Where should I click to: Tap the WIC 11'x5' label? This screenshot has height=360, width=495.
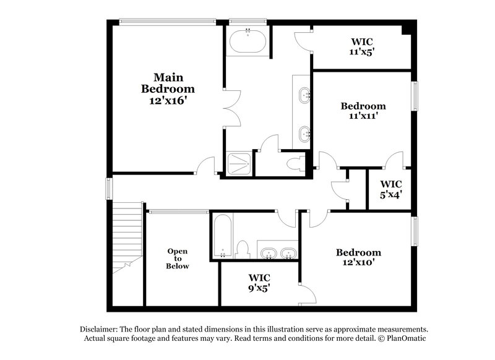(361, 48)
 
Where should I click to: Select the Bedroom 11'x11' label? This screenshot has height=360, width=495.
(363, 110)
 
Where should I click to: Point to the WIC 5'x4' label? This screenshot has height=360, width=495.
(390, 188)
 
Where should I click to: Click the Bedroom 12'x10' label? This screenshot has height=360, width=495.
(358, 257)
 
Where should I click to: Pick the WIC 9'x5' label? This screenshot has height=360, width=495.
(259, 283)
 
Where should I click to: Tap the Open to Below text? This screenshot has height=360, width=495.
(177, 259)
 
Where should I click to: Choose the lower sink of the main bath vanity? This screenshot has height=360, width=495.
(304, 132)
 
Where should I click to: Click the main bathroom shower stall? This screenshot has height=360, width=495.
(238, 164)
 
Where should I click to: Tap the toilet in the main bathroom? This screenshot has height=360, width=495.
(296, 164)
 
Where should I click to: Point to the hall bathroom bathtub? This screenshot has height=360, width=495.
(222, 237)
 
